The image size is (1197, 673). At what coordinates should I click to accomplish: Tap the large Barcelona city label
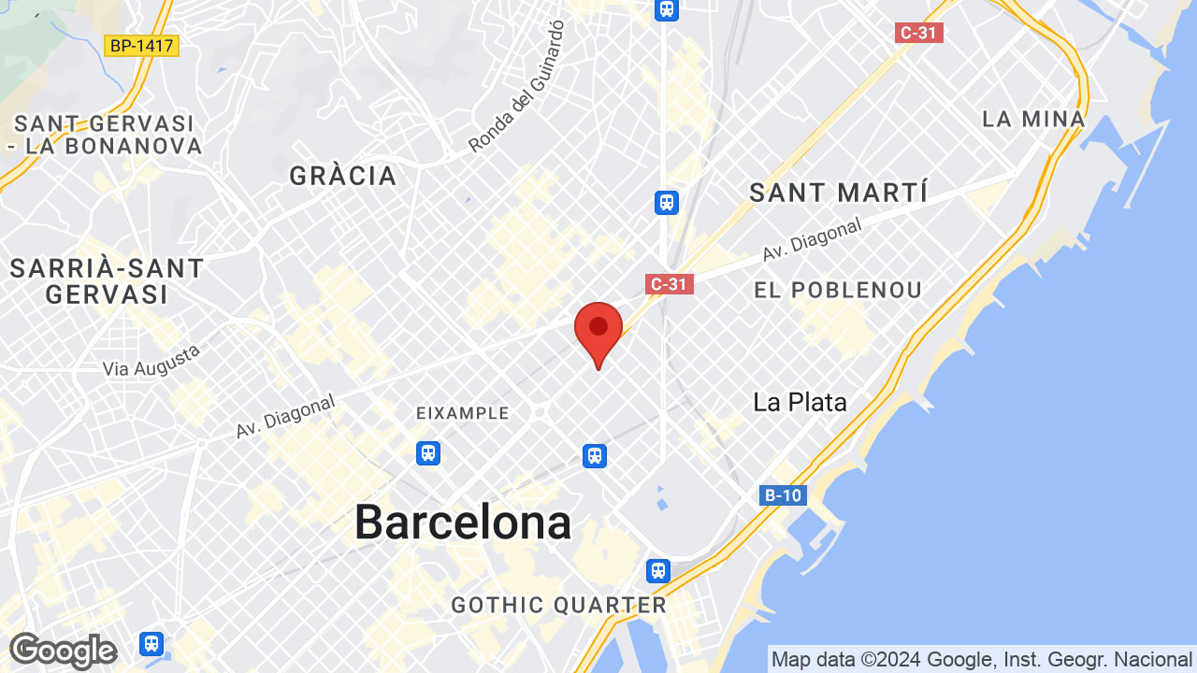(463, 522)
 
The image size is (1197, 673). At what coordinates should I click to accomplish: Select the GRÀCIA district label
(343, 176)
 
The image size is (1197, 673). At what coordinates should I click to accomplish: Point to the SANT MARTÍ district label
(839, 193)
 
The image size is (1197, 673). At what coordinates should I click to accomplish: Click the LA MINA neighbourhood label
(1033, 119)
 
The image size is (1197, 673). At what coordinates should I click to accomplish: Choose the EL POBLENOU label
(838, 291)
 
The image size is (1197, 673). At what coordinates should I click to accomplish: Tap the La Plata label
(800, 402)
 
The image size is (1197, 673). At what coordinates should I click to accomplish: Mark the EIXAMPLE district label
(464, 413)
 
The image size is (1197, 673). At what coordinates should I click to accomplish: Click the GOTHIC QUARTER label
(559, 605)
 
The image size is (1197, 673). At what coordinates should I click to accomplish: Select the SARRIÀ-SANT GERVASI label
(107, 281)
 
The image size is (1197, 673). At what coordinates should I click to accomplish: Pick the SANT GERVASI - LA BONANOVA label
(104, 135)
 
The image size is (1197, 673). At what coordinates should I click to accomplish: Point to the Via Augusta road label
(152, 361)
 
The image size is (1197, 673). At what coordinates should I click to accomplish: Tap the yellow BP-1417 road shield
(141, 45)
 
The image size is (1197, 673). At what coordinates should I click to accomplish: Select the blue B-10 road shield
(783, 495)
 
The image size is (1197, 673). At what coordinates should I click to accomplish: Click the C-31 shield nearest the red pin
(670, 283)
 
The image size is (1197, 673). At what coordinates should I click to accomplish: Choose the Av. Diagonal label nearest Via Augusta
(284, 417)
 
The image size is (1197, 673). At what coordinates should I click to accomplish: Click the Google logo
(63, 651)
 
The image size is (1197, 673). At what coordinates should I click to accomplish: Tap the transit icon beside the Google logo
(151, 644)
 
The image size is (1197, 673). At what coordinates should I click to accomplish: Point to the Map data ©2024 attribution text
(981, 660)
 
